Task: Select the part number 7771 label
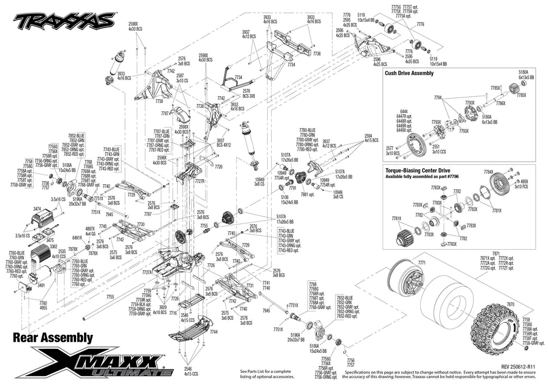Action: pyautogui.click(x=421, y=263)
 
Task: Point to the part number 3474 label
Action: pyautogui.click(x=36, y=208)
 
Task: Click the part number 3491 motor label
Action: pyautogui.click(x=41, y=285)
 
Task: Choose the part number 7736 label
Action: pyautogui.click(x=317, y=53)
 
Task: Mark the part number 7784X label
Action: pyautogui.click(x=488, y=172)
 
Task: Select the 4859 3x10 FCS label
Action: pyautogui.click(x=524, y=184)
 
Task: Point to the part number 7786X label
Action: pyautogui.click(x=500, y=104)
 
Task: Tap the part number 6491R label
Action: pyautogui.click(x=77, y=238)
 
